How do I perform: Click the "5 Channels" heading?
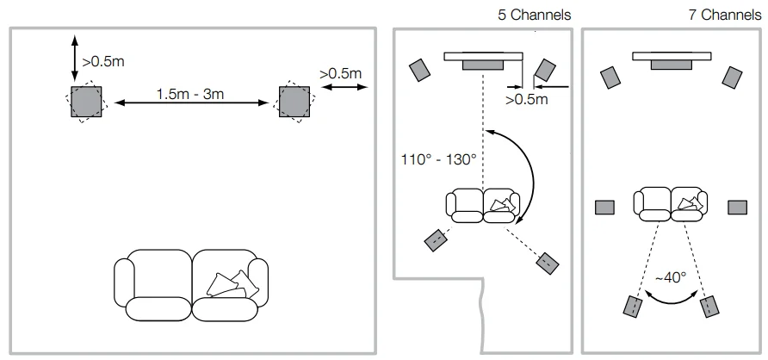[535, 15]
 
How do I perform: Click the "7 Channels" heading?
[725, 15]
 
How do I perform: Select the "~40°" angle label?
[671, 277]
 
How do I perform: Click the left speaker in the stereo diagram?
[86, 102]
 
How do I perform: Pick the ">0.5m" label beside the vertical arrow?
[102, 61]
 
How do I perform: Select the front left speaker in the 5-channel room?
[420, 70]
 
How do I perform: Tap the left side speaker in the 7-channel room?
[605, 207]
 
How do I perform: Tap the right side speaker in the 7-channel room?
[737, 207]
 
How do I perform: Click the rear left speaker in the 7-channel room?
[634, 306]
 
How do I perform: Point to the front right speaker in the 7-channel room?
[733, 76]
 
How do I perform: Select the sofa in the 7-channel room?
[672, 203]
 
